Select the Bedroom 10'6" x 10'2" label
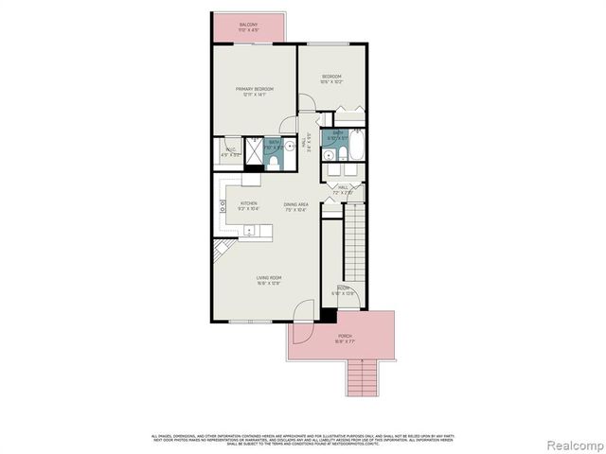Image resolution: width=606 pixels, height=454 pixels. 330,79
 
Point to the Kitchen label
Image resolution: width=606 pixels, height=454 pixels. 249,205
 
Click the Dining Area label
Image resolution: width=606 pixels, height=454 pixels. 295,206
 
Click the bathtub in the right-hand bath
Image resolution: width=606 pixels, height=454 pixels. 358,147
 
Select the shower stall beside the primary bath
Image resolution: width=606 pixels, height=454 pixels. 254,150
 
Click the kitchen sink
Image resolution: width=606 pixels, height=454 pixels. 249,230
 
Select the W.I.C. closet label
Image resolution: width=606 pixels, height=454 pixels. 228,150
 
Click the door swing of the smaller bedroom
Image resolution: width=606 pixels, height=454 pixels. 309,106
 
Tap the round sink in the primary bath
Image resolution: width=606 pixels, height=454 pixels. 290,146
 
